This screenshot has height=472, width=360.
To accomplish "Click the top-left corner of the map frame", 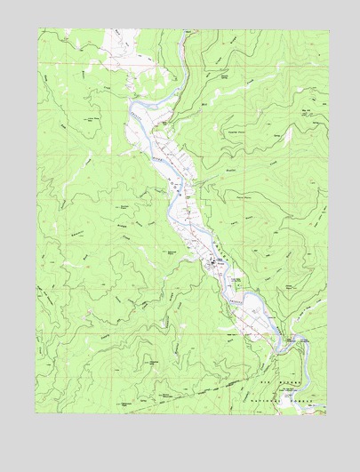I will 37,29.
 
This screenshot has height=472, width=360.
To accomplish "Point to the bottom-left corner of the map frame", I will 37,414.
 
